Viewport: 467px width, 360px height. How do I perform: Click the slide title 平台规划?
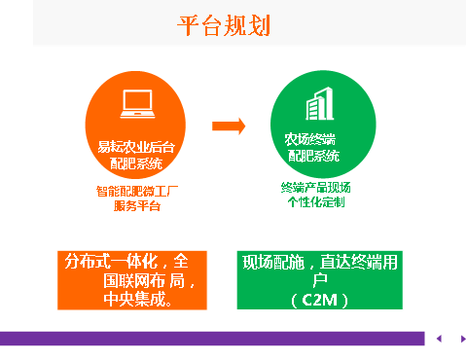[x=223, y=25]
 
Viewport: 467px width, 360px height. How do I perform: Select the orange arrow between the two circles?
[x=228, y=126]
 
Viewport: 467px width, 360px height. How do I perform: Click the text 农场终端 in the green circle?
[x=310, y=139]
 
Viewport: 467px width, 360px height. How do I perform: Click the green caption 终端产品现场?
[x=315, y=187]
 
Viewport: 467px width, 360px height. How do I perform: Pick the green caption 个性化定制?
[x=315, y=203]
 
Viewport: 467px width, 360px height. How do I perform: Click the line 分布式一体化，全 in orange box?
[x=132, y=263]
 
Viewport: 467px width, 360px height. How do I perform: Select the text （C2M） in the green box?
[x=318, y=299]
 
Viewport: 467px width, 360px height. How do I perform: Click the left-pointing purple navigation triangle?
[x=439, y=339]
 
